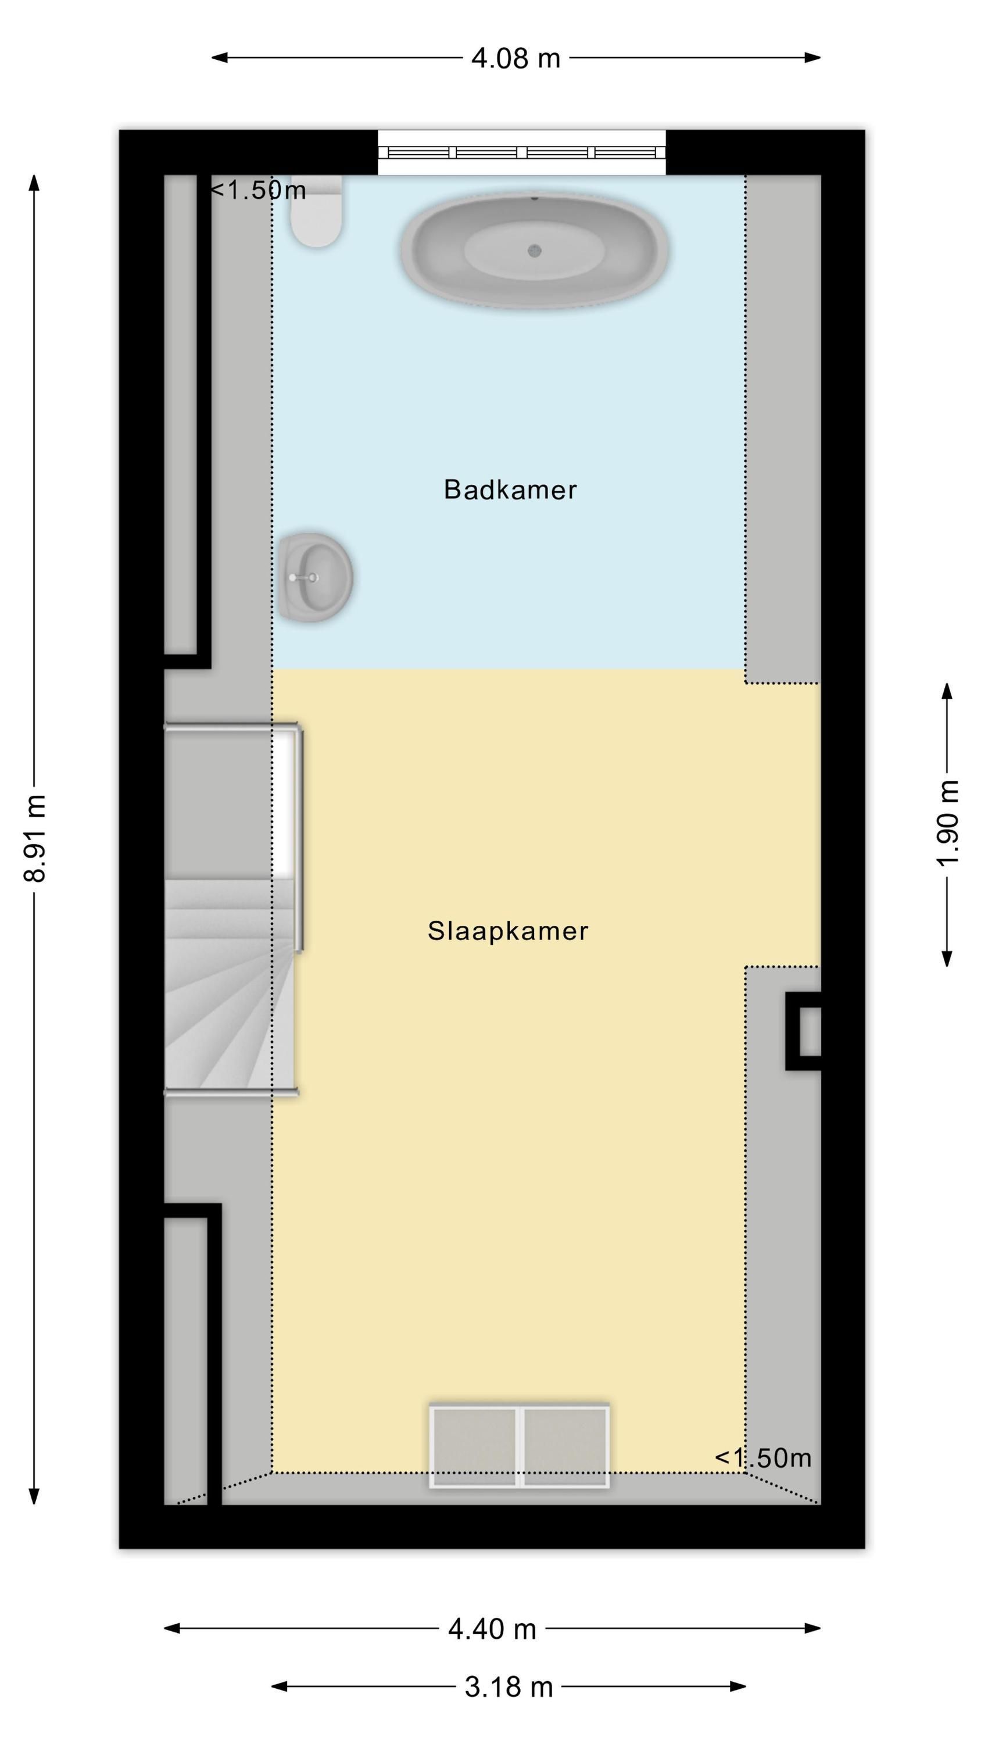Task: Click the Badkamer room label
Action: [x=510, y=489]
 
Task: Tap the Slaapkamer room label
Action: [x=508, y=931]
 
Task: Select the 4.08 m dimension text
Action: [x=516, y=58]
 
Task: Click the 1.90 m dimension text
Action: [x=948, y=823]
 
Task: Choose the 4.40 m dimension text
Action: [x=492, y=1628]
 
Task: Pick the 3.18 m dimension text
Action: [x=509, y=1686]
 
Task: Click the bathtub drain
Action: [x=535, y=251]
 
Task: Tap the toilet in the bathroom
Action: [x=317, y=210]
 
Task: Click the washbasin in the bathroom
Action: [x=316, y=577]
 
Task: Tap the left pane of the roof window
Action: [x=475, y=1447]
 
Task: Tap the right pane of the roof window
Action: [x=565, y=1447]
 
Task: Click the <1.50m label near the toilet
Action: [x=258, y=190]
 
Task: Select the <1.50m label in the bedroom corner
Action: [x=763, y=1457]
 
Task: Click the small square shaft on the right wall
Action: [x=804, y=1031]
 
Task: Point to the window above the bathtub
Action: [x=521, y=152]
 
